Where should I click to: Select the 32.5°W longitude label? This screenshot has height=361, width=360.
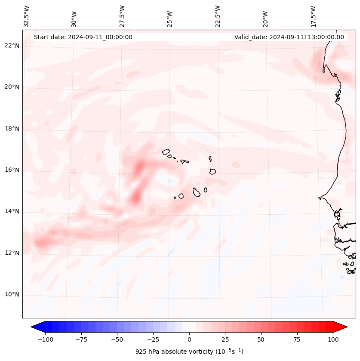point(27,16)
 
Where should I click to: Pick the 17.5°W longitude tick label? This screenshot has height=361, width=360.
point(313,16)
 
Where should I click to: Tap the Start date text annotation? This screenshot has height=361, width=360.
point(83,37)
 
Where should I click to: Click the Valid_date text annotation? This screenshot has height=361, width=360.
point(289,37)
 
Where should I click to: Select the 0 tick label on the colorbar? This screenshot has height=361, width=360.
point(189,339)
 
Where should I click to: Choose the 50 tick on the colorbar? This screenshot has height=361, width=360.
point(261,339)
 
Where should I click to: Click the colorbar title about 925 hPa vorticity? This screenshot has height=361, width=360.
point(189,352)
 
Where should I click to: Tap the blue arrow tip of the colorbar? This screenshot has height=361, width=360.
point(33,327)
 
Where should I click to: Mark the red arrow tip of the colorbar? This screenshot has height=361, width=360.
point(345,327)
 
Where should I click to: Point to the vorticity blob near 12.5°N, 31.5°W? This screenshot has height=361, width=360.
point(42,243)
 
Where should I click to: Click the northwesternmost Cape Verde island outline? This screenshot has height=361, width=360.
point(166,151)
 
